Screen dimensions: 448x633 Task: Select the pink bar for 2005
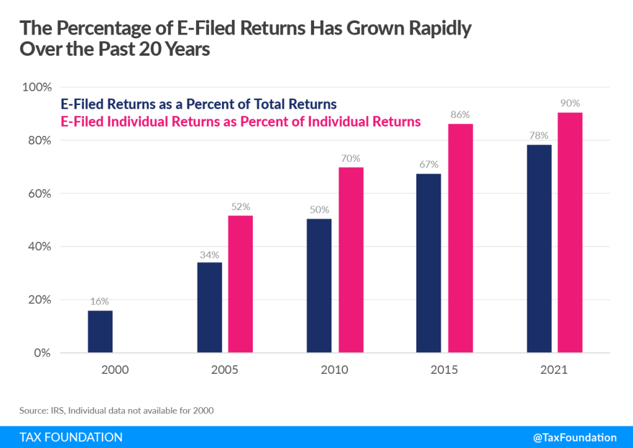point(240,284)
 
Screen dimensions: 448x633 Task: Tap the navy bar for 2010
point(319,286)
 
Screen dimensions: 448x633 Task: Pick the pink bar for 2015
point(460,239)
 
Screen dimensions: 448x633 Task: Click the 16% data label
point(100,302)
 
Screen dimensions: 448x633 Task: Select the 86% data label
point(460,114)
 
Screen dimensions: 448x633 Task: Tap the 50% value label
point(319,209)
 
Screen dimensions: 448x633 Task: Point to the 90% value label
point(570,103)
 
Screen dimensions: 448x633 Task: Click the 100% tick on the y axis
point(36,87)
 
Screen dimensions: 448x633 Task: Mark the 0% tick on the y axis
point(41,353)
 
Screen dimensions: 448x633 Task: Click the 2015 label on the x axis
point(444,370)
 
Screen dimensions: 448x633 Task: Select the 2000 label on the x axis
point(115,370)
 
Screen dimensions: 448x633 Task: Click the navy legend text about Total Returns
point(198,104)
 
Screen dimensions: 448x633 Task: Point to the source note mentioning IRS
point(117,410)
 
